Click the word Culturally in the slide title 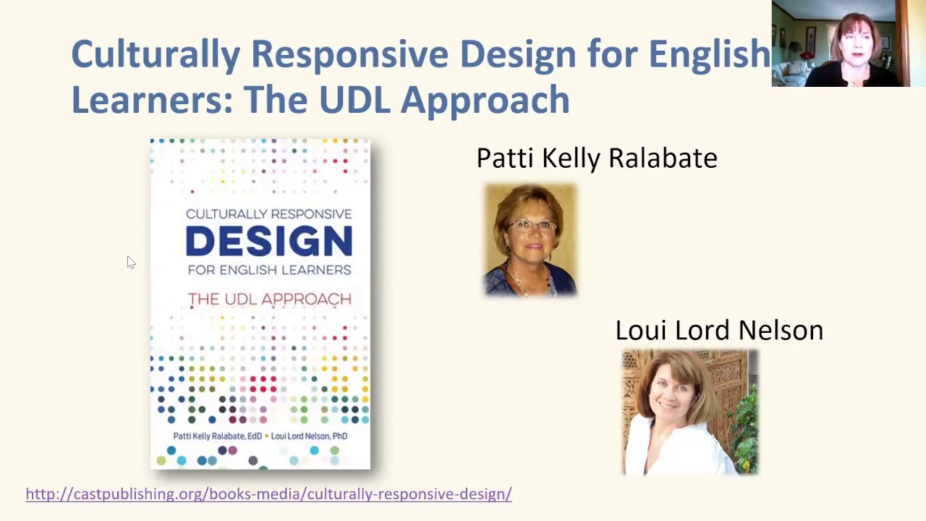pyautogui.click(x=155, y=55)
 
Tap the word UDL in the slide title pyautogui.click(x=354, y=100)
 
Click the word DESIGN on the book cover pyautogui.click(x=268, y=242)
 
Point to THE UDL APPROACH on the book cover pyautogui.click(x=269, y=299)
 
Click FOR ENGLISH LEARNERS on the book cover pyautogui.click(x=269, y=270)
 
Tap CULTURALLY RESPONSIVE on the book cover pyautogui.click(x=269, y=214)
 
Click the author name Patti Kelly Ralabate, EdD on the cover pyautogui.click(x=217, y=436)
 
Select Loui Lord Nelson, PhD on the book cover pyautogui.click(x=309, y=436)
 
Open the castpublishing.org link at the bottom pyautogui.click(x=268, y=494)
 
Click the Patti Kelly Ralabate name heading pyautogui.click(x=597, y=158)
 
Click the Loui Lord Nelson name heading pyautogui.click(x=719, y=331)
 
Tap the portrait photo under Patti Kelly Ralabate pyautogui.click(x=530, y=240)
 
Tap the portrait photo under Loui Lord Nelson pyautogui.click(x=689, y=412)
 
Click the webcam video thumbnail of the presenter pyautogui.click(x=841, y=44)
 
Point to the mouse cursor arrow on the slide pyautogui.click(x=130, y=262)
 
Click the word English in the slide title pyautogui.click(x=709, y=55)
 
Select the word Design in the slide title pyautogui.click(x=517, y=55)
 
